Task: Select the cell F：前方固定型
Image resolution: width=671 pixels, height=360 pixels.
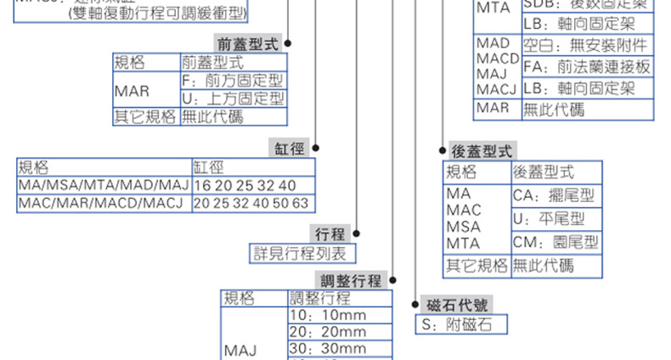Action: click(x=232, y=81)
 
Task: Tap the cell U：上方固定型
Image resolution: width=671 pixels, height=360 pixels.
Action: click(x=232, y=98)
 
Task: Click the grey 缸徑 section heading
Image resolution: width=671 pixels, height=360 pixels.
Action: click(x=288, y=149)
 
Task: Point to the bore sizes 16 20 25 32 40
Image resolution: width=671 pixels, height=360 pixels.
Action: click(x=245, y=185)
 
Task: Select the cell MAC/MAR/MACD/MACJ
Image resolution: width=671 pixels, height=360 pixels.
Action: click(x=102, y=204)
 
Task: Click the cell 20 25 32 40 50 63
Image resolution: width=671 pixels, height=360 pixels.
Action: click(x=251, y=204)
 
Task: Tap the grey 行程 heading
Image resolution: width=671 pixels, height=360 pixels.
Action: click(x=330, y=233)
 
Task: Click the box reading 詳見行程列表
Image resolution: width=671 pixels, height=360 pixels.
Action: click(x=302, y=252)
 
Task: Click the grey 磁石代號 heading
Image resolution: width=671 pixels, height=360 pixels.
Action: click(x=458, y=306)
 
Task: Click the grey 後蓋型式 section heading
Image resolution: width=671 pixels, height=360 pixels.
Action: click(x=481, y=151)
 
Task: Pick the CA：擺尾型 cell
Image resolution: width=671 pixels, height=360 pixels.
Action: click(x=554, y=197)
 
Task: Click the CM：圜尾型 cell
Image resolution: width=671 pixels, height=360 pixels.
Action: click(x=554, y=243)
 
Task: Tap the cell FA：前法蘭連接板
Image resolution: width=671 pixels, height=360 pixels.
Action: click(x=586, y=66)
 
